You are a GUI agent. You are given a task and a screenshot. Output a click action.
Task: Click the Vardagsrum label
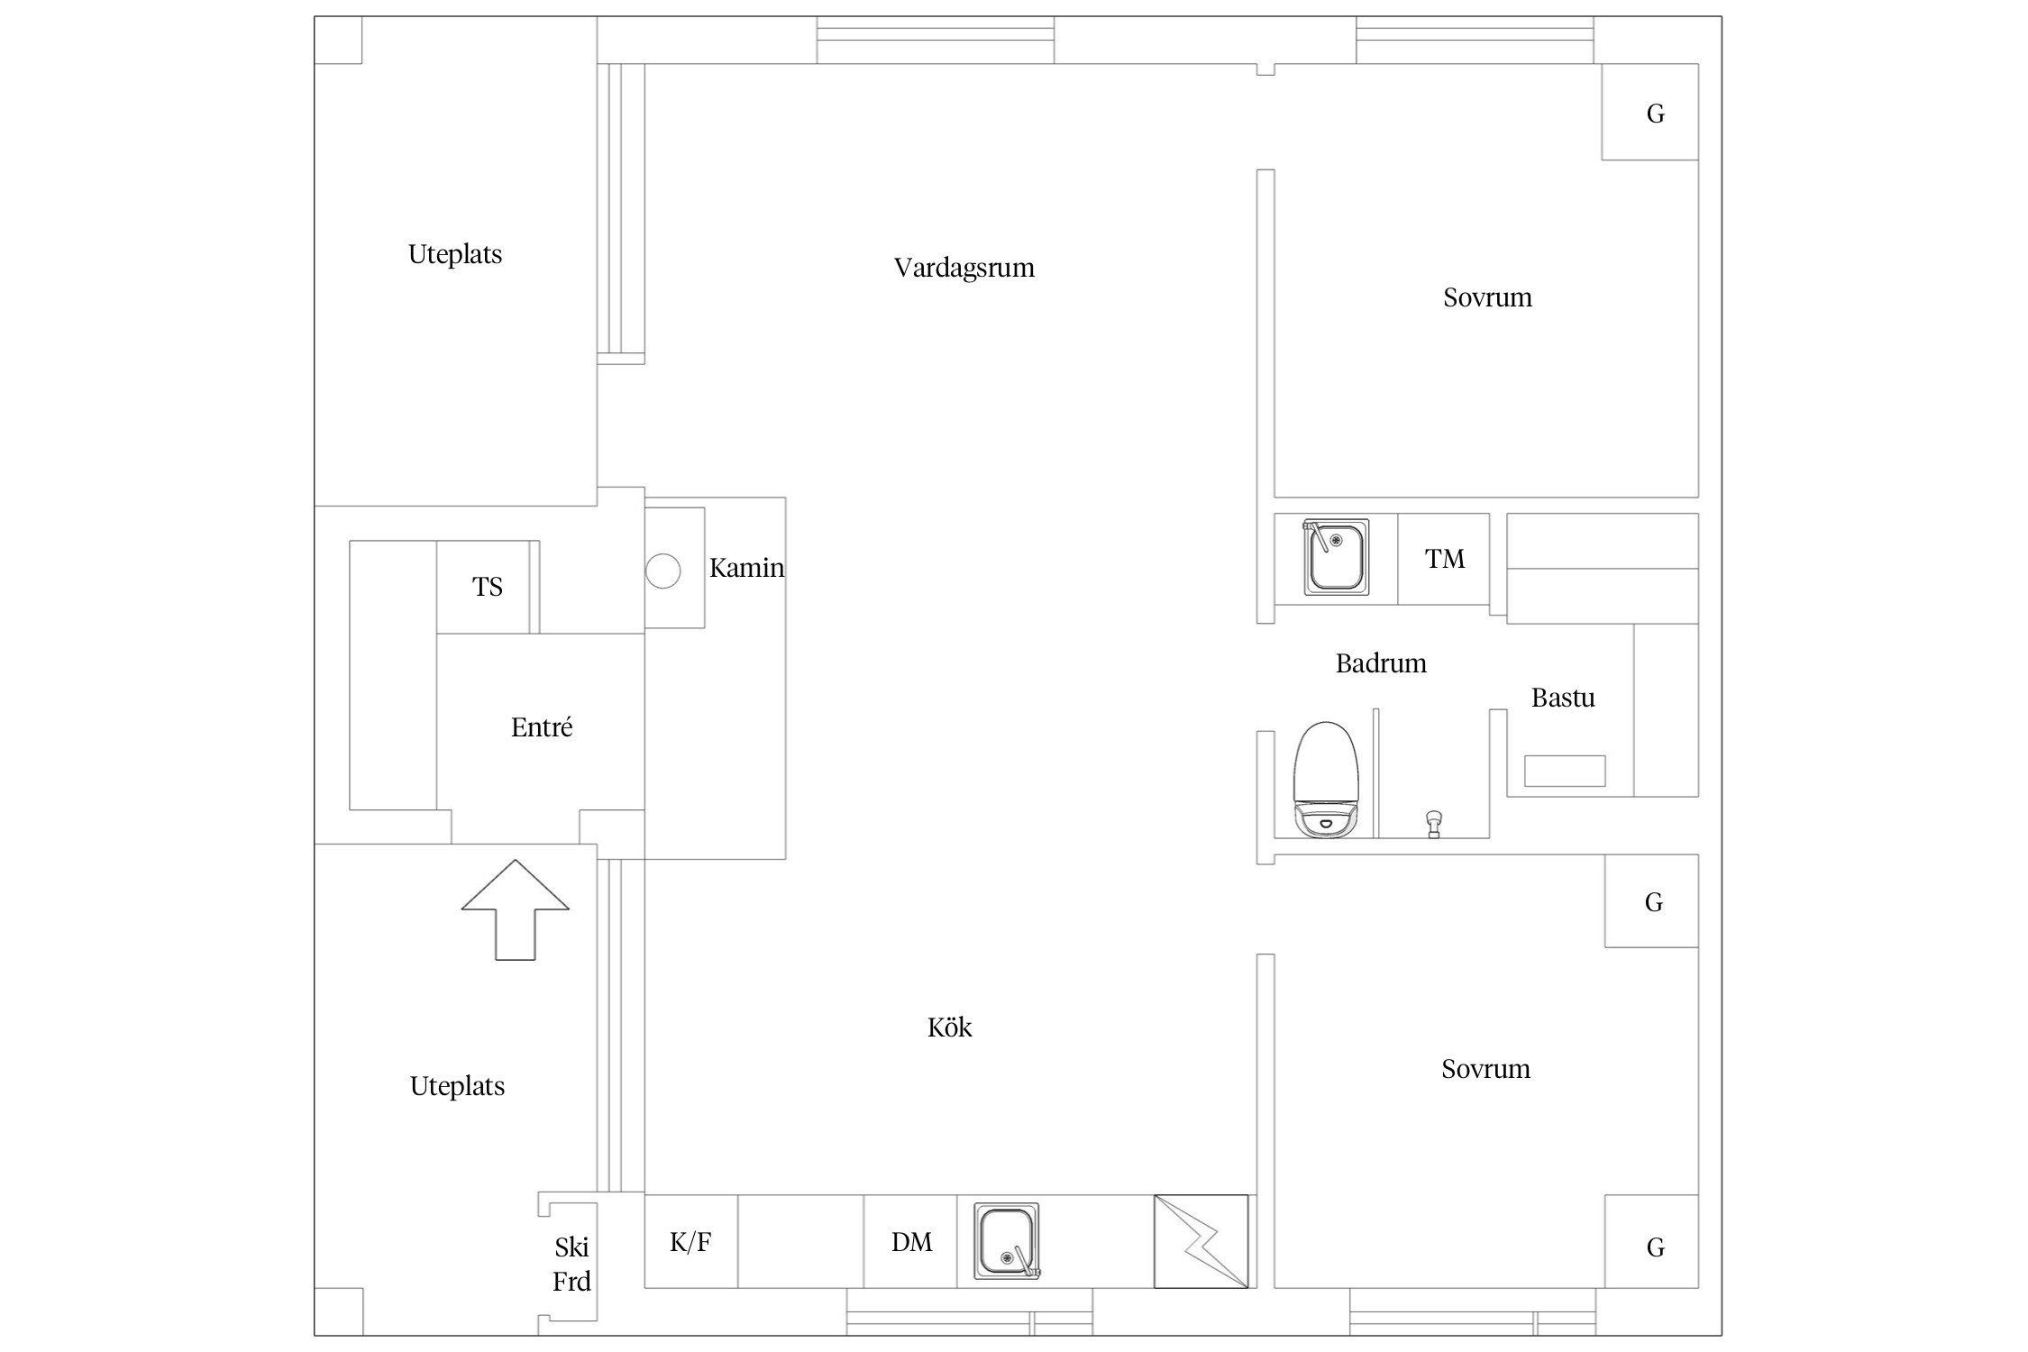pos(964,268)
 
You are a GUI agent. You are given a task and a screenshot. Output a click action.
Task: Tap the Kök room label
pos(949,1027)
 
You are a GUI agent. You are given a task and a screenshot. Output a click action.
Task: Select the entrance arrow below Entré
pos(516,909)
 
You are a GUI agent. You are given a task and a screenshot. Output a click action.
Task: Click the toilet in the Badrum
pos(1326,780)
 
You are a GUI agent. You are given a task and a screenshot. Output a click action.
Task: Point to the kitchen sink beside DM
pos(1007,1241)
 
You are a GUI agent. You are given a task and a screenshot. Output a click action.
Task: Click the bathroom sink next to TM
pos(1336,557)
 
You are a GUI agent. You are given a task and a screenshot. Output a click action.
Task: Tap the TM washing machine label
pos(1444,559)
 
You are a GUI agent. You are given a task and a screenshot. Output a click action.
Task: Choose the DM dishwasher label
pos(911,1242)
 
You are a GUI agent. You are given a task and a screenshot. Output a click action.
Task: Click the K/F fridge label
pos(690,1242)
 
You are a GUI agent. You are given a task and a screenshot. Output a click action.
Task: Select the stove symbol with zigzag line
pos(1201,1241)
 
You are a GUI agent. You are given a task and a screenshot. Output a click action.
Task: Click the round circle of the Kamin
pos(662,571)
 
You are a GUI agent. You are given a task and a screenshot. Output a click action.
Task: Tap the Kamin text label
pos(746,568)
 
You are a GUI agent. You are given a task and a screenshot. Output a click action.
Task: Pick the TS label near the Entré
pos(487,587)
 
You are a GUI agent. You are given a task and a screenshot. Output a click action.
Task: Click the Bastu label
pos(1563,698)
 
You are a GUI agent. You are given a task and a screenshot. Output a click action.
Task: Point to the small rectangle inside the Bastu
pos(1565,771)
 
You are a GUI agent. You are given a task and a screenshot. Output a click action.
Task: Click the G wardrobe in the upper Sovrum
pos(1650,112)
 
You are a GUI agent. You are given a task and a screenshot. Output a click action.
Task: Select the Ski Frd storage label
pos(571,1264)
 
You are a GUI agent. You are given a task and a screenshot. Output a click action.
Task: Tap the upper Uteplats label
pos(455,255)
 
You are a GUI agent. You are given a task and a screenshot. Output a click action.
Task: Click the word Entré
pos(542,727)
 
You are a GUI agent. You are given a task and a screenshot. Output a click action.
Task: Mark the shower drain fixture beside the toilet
pos(1434,824)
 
